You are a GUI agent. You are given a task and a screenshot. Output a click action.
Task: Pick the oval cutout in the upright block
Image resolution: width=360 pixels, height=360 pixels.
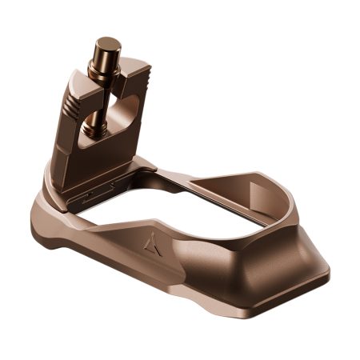click(x=116, y=113)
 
